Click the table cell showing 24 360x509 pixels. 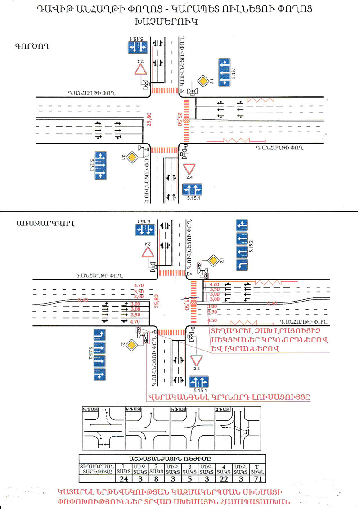click(x=125, y=478)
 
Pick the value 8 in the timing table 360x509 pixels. click(x=158, y=478)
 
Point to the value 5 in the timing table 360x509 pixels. click(x=189, y=478)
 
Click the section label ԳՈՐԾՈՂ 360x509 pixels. click(x=31, y=45)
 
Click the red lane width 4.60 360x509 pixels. click(x=214, y=284)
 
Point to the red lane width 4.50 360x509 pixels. click(x=212, y=320)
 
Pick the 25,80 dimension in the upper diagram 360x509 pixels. click(x=150, y=120)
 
